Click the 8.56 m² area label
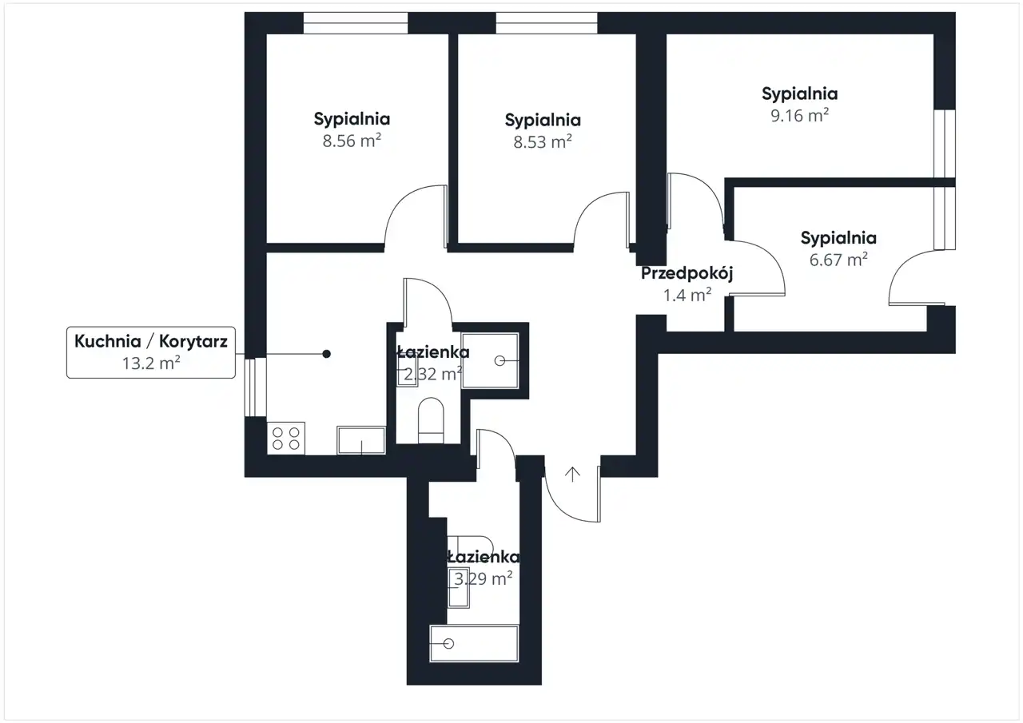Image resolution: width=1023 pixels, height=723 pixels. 352,141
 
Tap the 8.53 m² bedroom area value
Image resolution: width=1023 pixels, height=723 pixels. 543,141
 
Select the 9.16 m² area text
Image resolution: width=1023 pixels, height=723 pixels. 800,116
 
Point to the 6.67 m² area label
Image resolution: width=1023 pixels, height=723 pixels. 838,260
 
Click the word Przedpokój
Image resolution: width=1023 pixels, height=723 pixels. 687,273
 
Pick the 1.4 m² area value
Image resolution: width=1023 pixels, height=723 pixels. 687,296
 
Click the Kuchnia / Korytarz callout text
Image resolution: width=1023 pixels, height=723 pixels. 151,341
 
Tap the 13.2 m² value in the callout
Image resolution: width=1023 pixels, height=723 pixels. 151,363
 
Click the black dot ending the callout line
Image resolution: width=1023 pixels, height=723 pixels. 327,354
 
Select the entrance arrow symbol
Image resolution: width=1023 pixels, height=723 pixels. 572,475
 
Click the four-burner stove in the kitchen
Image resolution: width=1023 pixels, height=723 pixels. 286,438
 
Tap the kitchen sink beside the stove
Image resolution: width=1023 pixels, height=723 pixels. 361,440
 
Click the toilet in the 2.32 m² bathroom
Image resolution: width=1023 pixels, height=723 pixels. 431,420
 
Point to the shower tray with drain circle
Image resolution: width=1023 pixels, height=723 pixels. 490,360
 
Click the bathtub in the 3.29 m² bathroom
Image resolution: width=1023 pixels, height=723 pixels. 474,643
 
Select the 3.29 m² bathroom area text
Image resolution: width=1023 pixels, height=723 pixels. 484,578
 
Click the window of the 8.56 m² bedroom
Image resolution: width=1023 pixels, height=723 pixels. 356,23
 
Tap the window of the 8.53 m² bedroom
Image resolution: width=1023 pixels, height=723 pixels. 547,23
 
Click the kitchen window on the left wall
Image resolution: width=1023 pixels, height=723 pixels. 255,387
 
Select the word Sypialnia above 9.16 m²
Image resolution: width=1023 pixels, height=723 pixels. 800,94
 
